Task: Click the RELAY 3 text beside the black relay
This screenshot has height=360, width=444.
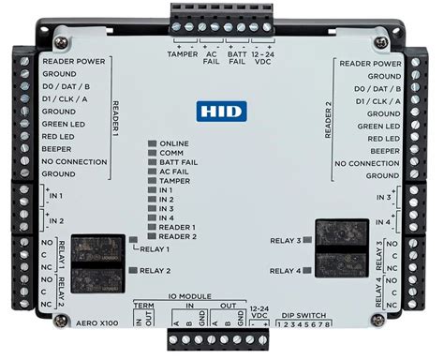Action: point(286,241)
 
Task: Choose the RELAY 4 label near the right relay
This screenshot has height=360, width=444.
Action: point(287,271)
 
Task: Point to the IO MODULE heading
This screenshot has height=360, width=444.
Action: point(200,294)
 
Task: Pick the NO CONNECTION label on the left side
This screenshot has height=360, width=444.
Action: point(78,161)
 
